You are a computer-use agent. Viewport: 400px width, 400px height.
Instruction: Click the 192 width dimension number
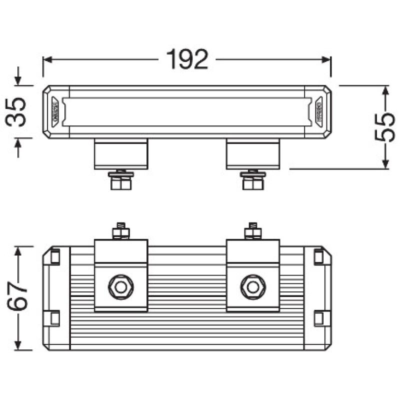pos(186,60)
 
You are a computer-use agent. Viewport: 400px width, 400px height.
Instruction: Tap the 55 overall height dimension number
pos(385,127)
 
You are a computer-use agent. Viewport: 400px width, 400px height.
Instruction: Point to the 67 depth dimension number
pos(17,298)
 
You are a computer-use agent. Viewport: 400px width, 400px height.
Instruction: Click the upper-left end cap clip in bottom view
pos(54,256)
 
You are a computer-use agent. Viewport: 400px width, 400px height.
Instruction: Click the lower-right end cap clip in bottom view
pos(318,317)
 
